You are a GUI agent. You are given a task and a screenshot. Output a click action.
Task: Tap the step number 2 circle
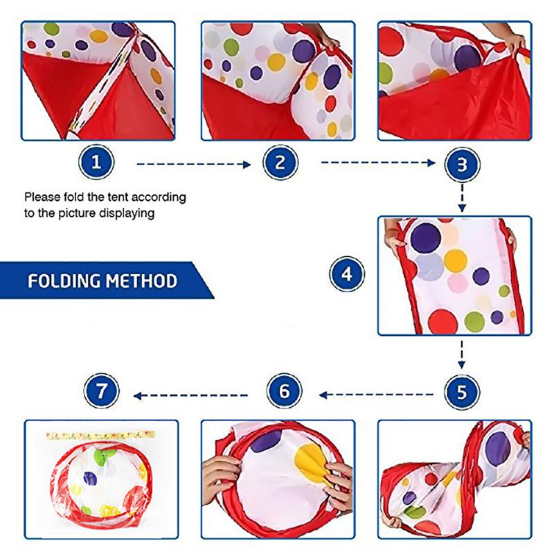point(280,163)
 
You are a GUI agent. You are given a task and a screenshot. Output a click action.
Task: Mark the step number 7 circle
point(101,395)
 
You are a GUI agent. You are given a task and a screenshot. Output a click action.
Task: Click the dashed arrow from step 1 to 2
point(192,165)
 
